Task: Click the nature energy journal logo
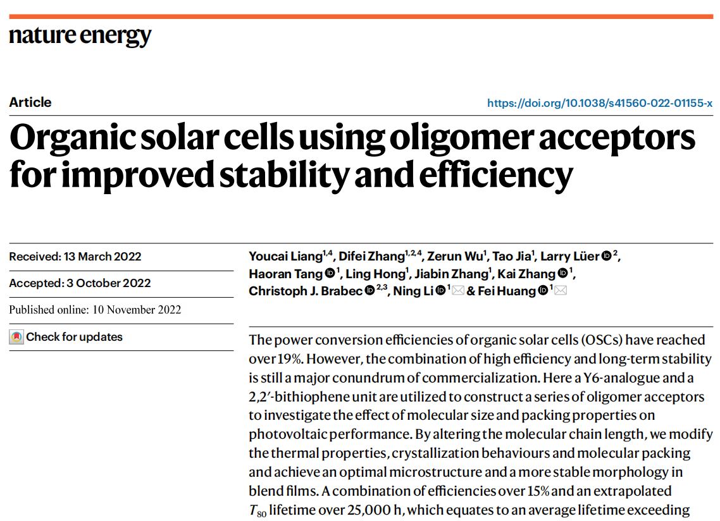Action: pyautogui.click(x=80, y=35)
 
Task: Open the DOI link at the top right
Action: pyautogui.click(x=600, y=103)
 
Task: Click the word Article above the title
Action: pyautogui.click(x=30, y=102)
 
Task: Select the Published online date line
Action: pyautogui.click(x=95, y=310)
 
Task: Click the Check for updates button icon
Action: pyautogui.click(x=16, y=337)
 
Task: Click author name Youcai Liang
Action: pyautogui.click(x=285, y=257)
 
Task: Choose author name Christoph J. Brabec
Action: pyautogui.click(x=305, y=291)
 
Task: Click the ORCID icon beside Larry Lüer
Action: pyautogui.click(x=606, y=256)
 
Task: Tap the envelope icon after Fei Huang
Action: pyautogui.click(x=560, y=291)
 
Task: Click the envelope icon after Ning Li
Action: pyautogui.click(x=457, y=291)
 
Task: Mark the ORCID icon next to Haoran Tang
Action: pyautogui.click(x=330, y=274)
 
